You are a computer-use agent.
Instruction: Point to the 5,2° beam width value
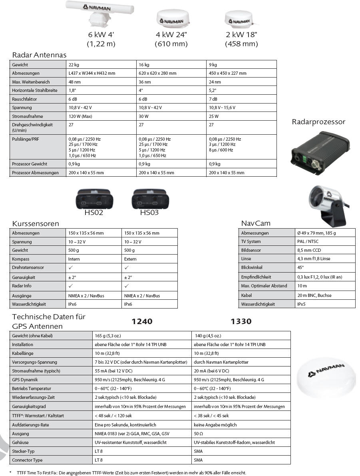pos(213,91)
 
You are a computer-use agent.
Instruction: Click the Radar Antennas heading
pos(39,55)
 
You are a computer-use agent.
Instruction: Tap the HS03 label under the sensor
pos(149,213)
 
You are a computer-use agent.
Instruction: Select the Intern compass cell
pos(74,259)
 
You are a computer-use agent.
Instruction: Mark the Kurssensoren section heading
pos(36,223)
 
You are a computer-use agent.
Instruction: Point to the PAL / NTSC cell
pos(308,241)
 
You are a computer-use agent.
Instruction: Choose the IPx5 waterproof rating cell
pos(301,304)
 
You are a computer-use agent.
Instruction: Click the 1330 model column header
pos(241,321)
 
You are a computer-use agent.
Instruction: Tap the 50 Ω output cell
pos(199,434)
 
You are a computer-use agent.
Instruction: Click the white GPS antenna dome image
pos(327,377)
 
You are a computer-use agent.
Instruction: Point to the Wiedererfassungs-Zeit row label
pos(33,398)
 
